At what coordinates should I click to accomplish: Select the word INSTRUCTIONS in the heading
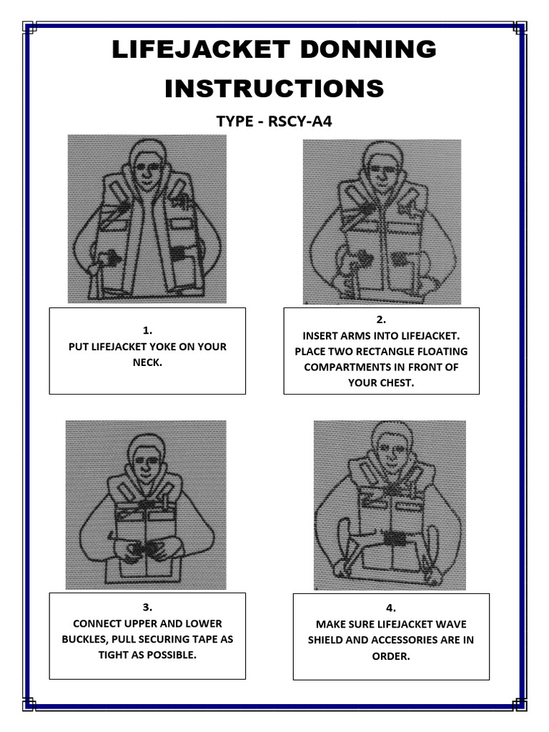(x=274, y=89)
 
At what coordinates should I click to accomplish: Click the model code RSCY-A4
(x=300, y=121)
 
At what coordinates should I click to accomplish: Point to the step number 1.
(x=147, y=330)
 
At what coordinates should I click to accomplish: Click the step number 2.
(x=381, y=320)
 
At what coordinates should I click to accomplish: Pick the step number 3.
(x=147, y=607)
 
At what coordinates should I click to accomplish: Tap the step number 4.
(x=390, y=608)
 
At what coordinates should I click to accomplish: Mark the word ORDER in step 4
(x=391, y=656)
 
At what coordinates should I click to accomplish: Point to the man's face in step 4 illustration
(x=390, y=451)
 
